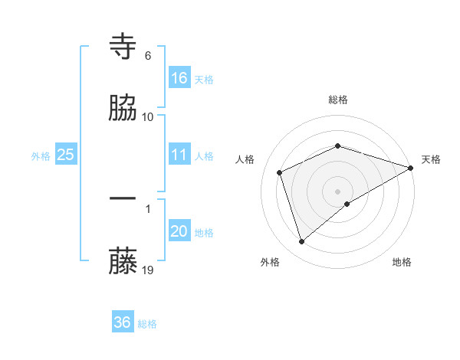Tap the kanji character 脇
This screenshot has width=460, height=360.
[x=123, y=109]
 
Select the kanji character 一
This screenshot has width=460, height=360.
[x=123, y=199]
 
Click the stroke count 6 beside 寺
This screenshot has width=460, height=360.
[x=148, y=56]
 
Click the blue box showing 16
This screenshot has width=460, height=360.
[x=179, y=77]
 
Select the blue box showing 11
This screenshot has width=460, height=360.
[x=179, y=155]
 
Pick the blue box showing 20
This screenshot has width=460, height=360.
[x=179, y=231]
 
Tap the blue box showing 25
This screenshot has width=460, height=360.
[x=66, y=155]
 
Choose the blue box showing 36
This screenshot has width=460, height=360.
[x=123, y=322]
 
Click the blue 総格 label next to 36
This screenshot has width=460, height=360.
[x=147, y=324]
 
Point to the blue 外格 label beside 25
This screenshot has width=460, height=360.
[x=41, y=155]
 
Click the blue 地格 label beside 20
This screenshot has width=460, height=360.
[x=204, y=232]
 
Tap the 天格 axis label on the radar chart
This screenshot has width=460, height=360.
[x=431, y=159]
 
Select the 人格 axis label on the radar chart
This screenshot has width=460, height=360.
[x=245, y=159]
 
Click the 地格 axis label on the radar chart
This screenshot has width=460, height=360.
[x=402, y=262]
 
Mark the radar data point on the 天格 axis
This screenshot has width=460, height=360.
[x=412, y=168]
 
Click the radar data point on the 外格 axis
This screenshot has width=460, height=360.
[x=301, y=242]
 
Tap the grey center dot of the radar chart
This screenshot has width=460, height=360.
[x=338, y=191]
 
